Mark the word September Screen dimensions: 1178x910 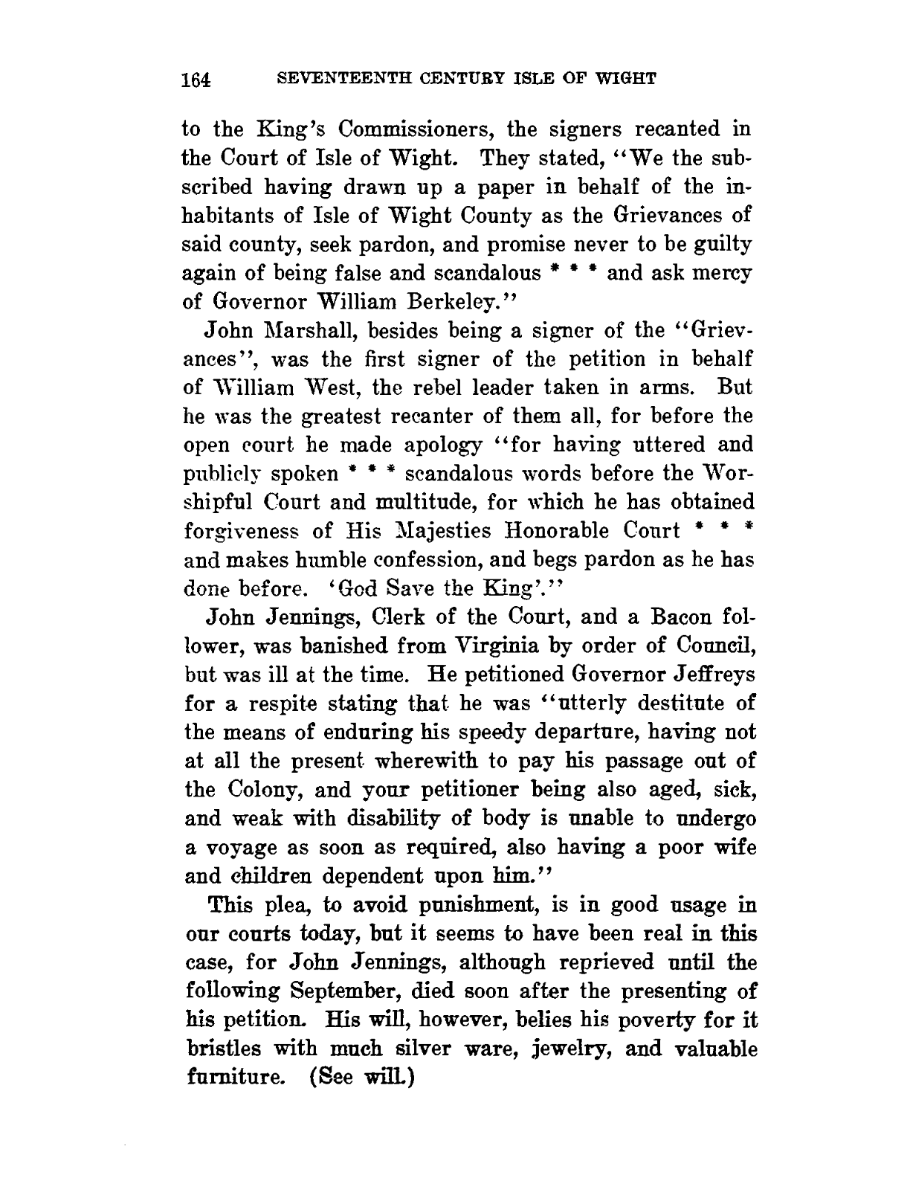pyautogui.click(x=355, y=991)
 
